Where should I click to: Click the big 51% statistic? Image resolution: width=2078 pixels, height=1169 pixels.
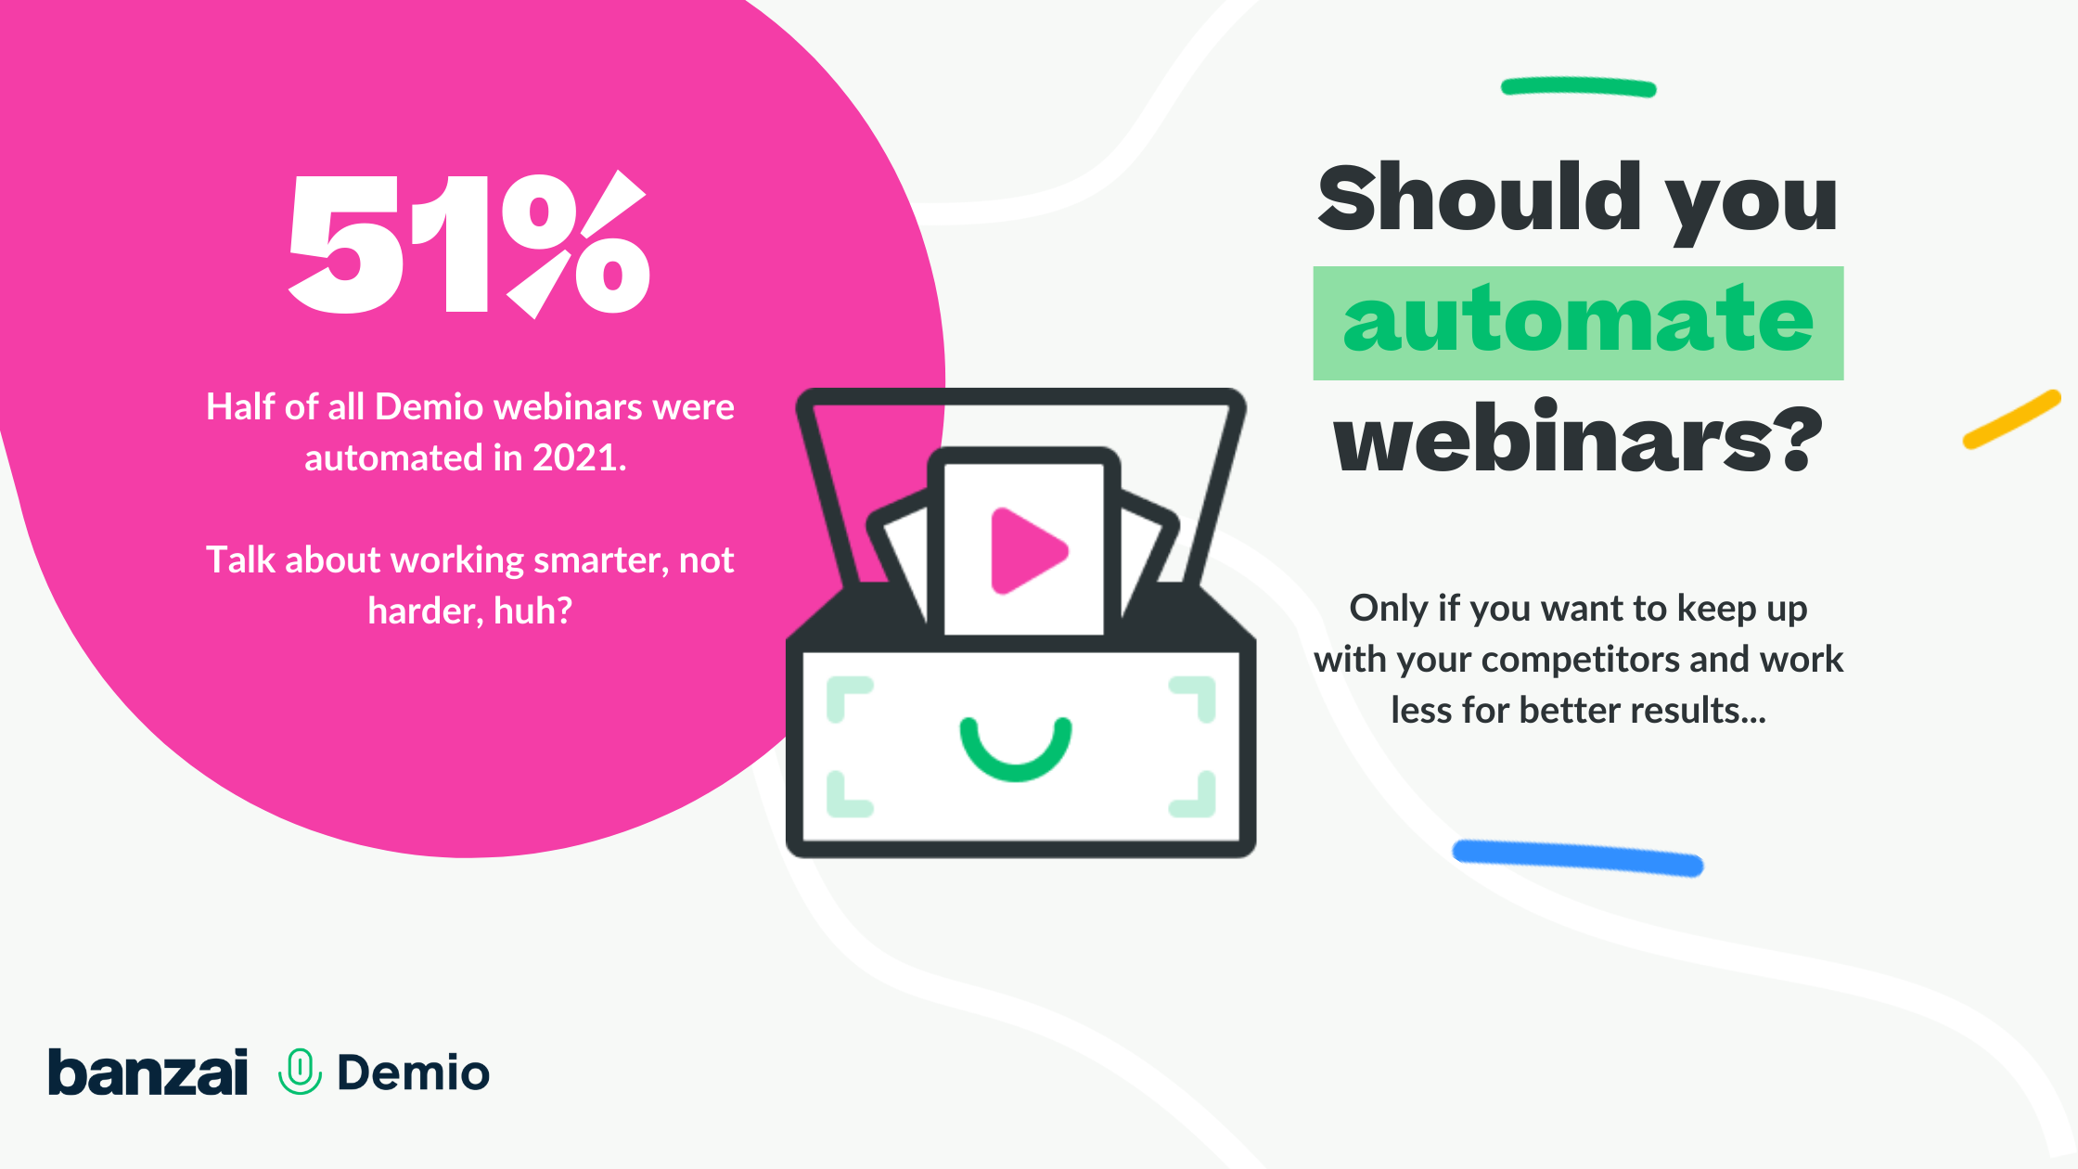(468, 244)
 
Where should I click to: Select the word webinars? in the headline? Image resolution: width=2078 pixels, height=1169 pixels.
(1578, 436)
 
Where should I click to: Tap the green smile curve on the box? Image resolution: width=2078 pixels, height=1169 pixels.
(1016, 750)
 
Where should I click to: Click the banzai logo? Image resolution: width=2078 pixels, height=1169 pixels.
(148, 1072)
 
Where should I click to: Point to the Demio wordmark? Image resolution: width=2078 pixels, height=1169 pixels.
(413, 1073)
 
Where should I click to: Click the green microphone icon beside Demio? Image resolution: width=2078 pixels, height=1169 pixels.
(300, 1072)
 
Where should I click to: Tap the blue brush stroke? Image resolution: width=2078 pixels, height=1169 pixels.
(1577, 857)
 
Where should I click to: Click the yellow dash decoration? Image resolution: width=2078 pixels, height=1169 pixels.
(2011, 419)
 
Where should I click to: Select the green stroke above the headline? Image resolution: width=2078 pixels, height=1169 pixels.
(1578, 87)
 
